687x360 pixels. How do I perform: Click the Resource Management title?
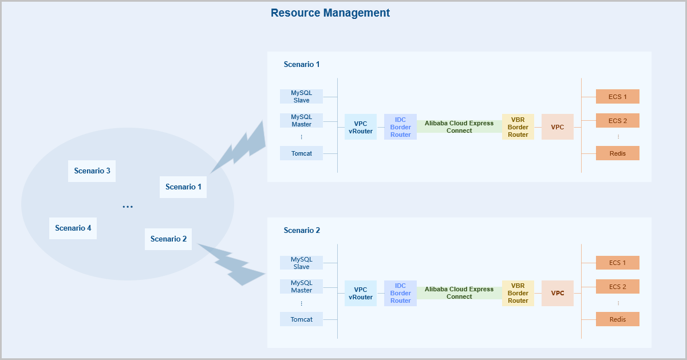[x=330, y=13]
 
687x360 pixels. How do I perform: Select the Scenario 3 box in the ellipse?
[x=92, y=171]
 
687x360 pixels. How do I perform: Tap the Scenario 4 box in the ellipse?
[x=73, y=228]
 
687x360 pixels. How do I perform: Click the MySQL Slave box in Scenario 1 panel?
[x=301, y=96]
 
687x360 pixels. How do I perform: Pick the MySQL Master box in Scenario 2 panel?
[x=301, y=286]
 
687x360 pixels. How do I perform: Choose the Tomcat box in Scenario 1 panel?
[x=301, y=153]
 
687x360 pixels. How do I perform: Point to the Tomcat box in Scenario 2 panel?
[x=301, y=319]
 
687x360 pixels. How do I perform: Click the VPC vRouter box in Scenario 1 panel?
[x=361, y=127]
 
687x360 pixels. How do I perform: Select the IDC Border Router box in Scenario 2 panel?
[x=401, y=293]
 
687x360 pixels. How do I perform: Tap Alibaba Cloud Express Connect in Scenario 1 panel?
[x=459, y=126]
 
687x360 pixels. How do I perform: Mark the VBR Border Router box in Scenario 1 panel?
[x=518, y=127]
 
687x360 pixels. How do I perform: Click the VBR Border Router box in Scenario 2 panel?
[x=518, y=293]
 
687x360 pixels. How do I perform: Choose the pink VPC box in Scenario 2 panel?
[x=558, y=293]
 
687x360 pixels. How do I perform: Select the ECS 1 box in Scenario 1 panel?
[x=617, y=97]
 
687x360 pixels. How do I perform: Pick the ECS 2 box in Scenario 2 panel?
[x=617, y=287]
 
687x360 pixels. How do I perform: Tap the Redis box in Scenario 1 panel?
[x=617, y=153]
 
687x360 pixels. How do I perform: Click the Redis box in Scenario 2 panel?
[x=617, y=319]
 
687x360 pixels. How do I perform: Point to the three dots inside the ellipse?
[x=128, y=207]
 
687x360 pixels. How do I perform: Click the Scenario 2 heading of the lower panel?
[x=302, y=230]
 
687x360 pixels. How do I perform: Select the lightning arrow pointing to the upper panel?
[x=240, y=148]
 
